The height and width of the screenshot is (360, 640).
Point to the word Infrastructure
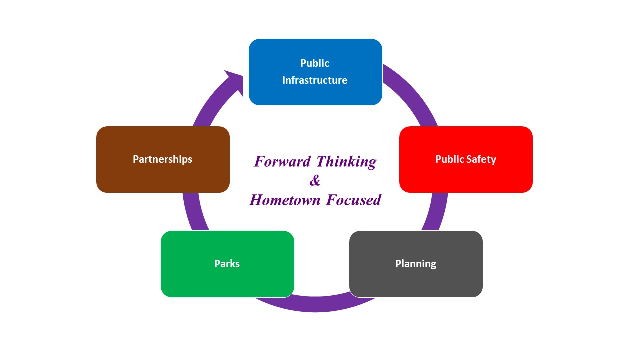[x=315, y=80]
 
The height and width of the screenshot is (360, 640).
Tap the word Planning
[x=416, y=263]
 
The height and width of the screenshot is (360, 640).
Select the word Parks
[x=227, y=263]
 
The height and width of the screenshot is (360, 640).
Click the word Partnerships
[x=163, y=159]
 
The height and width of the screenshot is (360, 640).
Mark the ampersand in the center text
[x=315, y=180]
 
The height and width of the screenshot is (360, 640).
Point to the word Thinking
[x=347, y=161]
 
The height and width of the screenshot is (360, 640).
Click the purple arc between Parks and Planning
[x=316, y=304]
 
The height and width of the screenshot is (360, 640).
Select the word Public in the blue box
[x=315, y=63]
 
